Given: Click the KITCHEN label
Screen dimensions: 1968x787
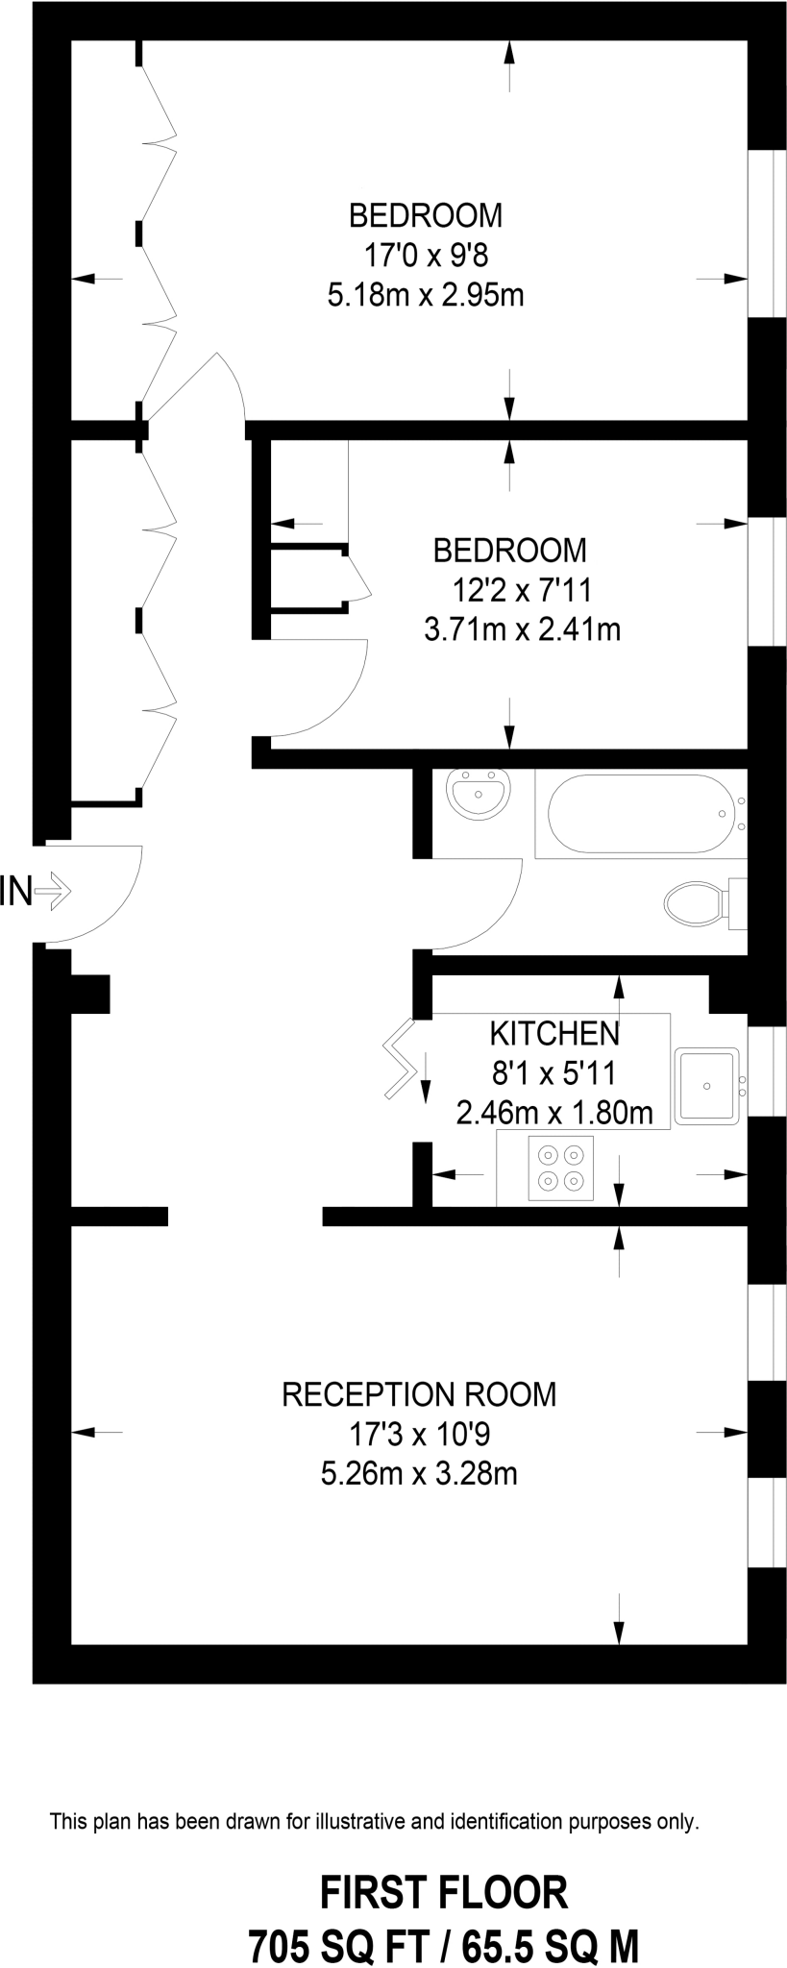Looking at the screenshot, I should [x=554, y=1034].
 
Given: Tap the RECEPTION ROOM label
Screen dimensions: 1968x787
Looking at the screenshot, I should [x=419, y=1393].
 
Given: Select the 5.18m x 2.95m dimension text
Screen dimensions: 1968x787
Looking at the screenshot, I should [x=426, y=295].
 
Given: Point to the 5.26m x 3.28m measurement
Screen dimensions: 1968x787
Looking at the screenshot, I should [x=419, y=1472].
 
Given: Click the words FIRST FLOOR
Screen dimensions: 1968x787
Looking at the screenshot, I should [x=443, y=1892].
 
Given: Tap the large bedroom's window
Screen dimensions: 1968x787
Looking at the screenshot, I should [x=765, y=234].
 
